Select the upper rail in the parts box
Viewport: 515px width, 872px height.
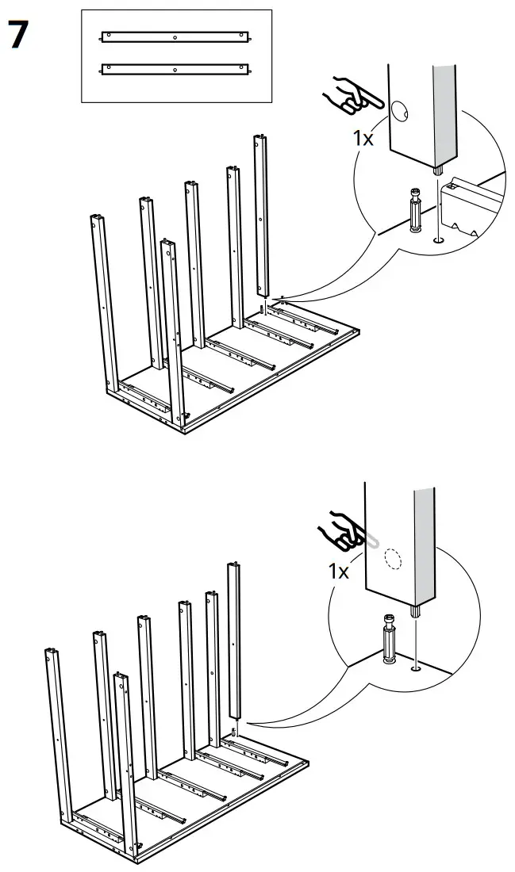coord(175,36)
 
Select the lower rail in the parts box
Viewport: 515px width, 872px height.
coord(175,69)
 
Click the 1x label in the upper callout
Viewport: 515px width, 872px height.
coord(363,138)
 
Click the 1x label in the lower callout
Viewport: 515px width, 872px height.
coord(339,571)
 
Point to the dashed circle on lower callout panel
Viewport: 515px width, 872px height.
coord(392,557)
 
